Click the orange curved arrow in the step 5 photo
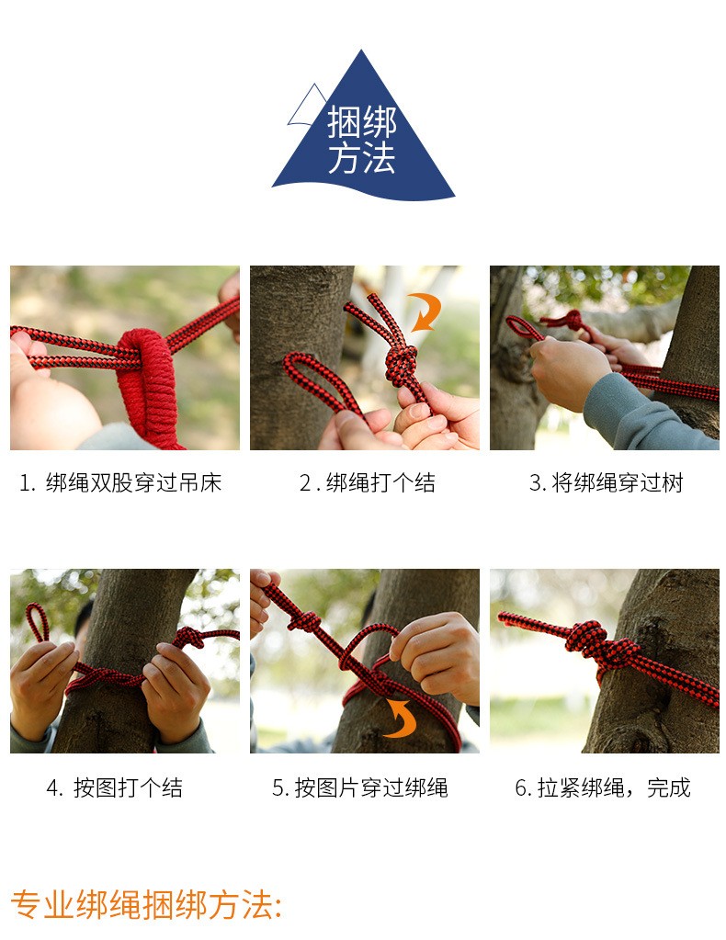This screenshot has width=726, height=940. (x=400, y=716)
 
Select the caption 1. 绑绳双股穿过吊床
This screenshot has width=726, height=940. (x=120, y=483)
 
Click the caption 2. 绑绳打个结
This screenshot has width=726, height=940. (x=367, y=483)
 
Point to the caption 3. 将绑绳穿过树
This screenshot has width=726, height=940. (x=607, y=483)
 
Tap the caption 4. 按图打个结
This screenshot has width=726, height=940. (x=115, y=787)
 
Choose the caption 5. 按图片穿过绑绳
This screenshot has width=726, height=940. (x=359, y=787)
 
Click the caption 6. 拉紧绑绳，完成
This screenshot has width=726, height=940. (x=603, y=787)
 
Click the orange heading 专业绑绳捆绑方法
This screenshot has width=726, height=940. (x=146, y=905)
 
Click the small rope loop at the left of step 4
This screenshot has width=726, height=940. (x=37, y=624)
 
